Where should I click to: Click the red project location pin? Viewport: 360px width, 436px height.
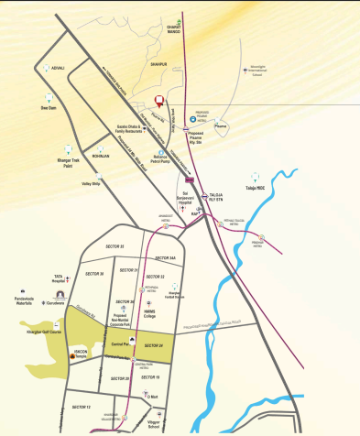coord(158,102)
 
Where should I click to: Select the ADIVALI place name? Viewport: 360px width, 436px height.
coord(60,68)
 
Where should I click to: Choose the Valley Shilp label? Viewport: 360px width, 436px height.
coord(91,184)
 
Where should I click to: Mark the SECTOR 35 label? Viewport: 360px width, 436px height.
coord(115,247)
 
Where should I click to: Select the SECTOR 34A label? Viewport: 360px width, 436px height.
coord(166,258)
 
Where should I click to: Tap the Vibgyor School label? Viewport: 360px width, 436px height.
coord(160,425)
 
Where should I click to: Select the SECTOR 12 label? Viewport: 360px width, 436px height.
coord(82,406)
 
